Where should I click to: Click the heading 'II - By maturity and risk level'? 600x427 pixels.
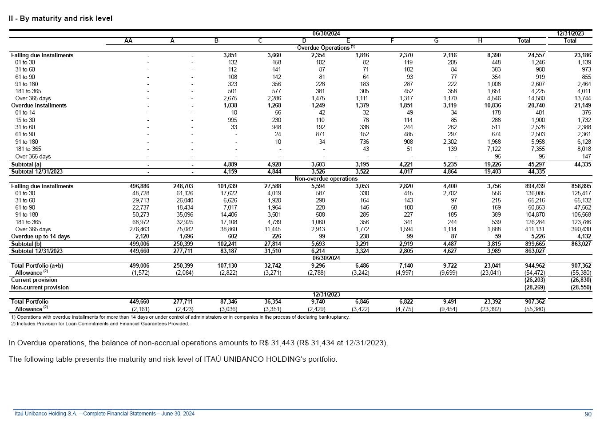pos(60,19)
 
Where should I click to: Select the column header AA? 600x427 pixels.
pos(128,41)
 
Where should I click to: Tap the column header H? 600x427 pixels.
pos(480,41)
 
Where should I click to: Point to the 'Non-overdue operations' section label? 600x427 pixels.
pos(326,178)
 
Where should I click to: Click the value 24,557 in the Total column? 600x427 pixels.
pos(535,55)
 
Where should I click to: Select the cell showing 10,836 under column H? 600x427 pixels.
pos(491,106)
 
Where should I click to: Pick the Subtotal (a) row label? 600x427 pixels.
pos(26,164)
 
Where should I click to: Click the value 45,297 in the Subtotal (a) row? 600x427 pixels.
pos(535,164)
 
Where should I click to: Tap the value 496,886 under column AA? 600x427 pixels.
pos(139,186)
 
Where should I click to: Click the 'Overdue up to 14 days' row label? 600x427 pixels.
pos(40,237)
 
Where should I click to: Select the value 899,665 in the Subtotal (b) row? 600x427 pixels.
pos(535,244)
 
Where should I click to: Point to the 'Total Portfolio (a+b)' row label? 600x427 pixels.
pos(37,266)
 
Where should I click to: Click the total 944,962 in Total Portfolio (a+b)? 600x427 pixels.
pos(535,266)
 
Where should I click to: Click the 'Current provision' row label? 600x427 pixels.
pos(34,280)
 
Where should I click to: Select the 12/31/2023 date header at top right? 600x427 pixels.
pos(570,33)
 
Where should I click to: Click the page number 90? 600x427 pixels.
pos(588,415)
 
